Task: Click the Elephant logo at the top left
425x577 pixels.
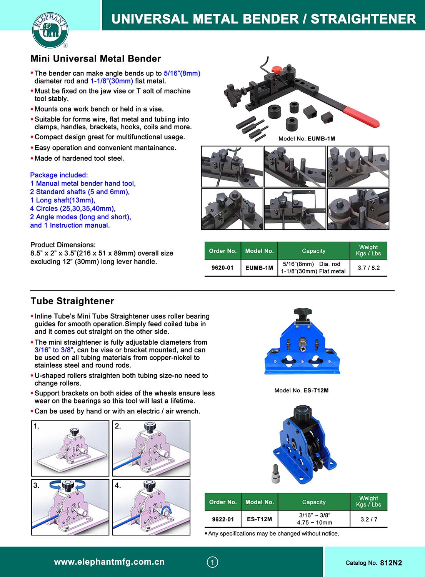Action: tap(50, 30)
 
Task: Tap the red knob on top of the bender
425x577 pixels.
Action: tap(276, 70)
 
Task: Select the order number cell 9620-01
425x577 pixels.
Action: tap(222, 268)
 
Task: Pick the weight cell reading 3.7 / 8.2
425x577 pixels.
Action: tap(368, 268)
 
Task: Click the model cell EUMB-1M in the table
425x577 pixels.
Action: tap(259, 268)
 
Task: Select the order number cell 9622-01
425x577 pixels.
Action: tap(223, 519)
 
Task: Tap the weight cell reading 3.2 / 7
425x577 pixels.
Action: tap(368, 519)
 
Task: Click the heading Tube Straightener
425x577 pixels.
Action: tap(72, 301)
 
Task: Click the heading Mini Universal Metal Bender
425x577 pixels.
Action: tap(96, 58)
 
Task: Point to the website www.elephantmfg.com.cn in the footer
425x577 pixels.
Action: tap(109, 562)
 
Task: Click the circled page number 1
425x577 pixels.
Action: tap(212, 562)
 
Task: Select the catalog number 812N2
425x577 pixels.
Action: tap(391, 563)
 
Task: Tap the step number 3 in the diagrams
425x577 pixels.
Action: tap(36, 485)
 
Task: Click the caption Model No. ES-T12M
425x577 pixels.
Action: tap(301, 390)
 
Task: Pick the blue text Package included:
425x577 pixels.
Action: tap(59, 175)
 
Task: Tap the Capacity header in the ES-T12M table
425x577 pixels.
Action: tap(313, 502)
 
